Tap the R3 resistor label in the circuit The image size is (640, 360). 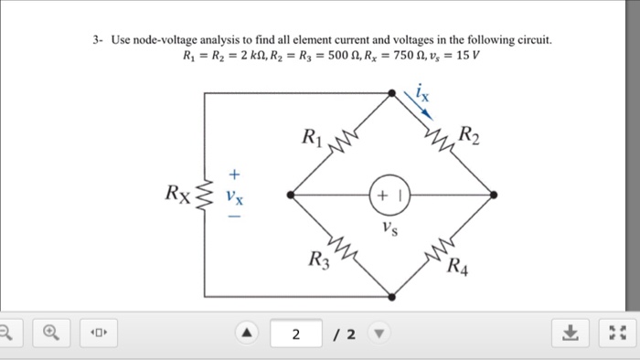317,260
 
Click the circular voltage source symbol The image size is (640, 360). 389,195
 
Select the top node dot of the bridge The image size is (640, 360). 391,92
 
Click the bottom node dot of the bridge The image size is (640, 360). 391,296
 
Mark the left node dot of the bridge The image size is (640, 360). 290,195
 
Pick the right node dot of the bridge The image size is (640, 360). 494,195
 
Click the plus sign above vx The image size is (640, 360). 234,172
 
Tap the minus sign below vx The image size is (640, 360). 234,218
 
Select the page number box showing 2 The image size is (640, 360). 295,334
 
